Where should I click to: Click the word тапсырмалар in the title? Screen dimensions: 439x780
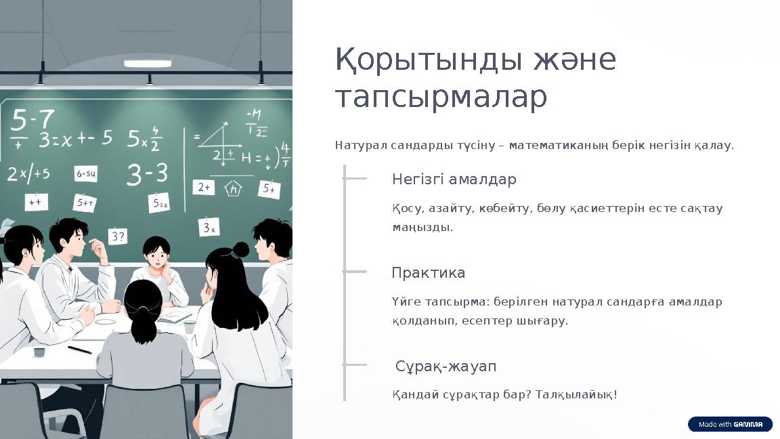coord(441,97)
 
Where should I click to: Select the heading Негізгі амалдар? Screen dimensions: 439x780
coord(454,180)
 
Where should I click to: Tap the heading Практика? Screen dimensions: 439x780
coord(428,273)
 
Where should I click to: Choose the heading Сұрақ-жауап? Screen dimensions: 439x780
coord(446,367)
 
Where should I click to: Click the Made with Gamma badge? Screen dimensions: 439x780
coord(730,424)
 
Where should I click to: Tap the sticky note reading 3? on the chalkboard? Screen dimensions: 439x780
coord(118,236)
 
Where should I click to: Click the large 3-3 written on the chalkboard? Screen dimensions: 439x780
coord(147,175)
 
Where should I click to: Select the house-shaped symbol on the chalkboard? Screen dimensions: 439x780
coord(234,189)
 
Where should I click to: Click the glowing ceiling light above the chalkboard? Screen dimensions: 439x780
coord(147,64)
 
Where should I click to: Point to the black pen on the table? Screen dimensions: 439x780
coord(79,350)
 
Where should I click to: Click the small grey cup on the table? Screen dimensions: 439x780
coord(39,352)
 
